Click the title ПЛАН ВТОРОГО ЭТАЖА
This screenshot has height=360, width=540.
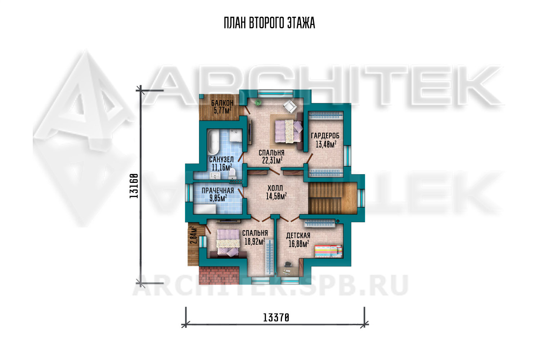point(269,23)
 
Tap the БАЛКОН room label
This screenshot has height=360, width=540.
point(222,103)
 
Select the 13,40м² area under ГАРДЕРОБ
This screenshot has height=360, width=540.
point(326,144)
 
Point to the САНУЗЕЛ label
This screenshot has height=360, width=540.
point(221,159)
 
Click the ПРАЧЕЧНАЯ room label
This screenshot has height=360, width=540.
point(218,190)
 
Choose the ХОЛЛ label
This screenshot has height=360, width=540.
point(275,188)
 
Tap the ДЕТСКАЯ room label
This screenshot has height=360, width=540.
point(298,235)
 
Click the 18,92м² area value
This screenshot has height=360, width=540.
point(255,241)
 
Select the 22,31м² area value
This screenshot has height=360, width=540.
point(272,160)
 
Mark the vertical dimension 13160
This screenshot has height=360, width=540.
point(134,186)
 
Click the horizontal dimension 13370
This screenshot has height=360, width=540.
point(276,318)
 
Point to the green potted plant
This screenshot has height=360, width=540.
point(258,102)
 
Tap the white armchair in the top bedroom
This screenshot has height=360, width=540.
point(290,106)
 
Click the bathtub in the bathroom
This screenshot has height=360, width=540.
point(213,142)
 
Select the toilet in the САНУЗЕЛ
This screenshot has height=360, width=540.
point(232,174)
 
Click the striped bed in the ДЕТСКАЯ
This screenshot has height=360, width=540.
point(328,252)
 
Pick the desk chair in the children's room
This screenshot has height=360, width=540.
point(288,265)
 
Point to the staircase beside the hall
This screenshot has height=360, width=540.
point(332,198)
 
